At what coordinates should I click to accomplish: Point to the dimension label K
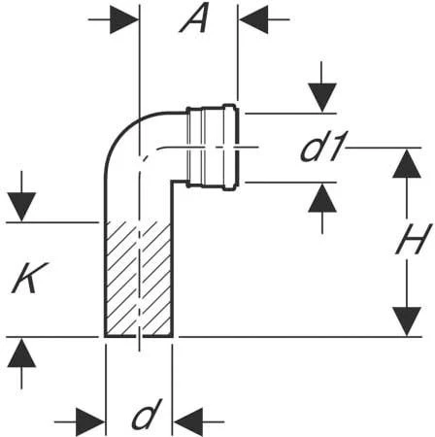point(26,281)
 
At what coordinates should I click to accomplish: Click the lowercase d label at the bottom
point(144,419)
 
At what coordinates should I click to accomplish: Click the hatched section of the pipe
point(138,279)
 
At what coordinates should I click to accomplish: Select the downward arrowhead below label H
point(406,321)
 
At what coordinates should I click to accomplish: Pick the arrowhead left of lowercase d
point(92,421)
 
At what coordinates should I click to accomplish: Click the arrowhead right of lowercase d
point(187,421)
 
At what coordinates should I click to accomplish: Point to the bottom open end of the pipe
point(138,336)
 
